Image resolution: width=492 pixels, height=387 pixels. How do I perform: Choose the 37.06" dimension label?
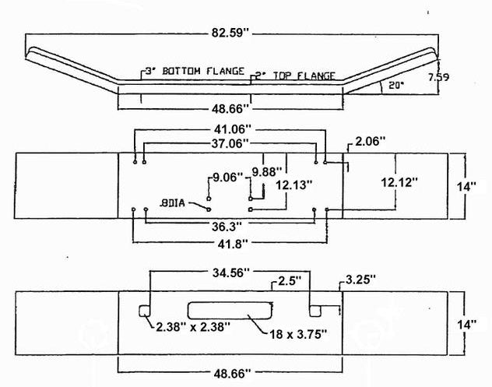229,142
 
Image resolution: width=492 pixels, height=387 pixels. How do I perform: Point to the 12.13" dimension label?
293,185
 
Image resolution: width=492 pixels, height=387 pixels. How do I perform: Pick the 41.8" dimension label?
231,244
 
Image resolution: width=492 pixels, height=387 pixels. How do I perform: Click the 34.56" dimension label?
230,273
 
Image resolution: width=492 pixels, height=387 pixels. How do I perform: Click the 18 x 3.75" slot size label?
299,334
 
